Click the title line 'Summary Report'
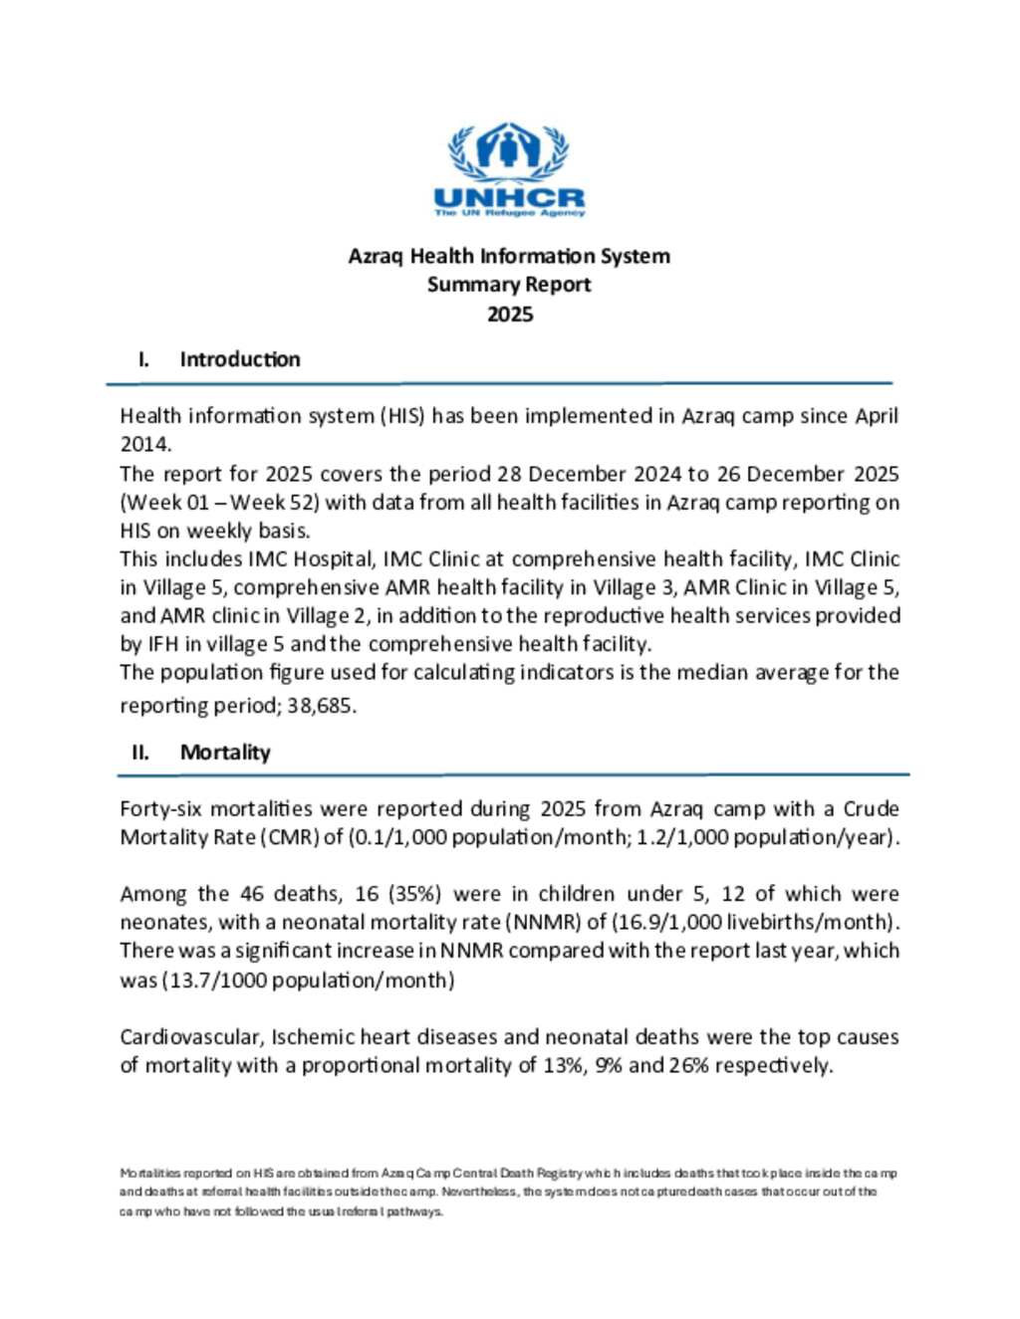click(x=509, y=285)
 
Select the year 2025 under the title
click(x=509, y=315)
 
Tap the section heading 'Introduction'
click(x=239, y=359)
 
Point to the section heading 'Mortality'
click(x=225, y=753)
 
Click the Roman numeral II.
click(x=140, y=753)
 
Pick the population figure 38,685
click(x=321, y=707)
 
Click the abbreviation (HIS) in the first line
click(x=402, y=416)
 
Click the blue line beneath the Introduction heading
click(x=499, y=383)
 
